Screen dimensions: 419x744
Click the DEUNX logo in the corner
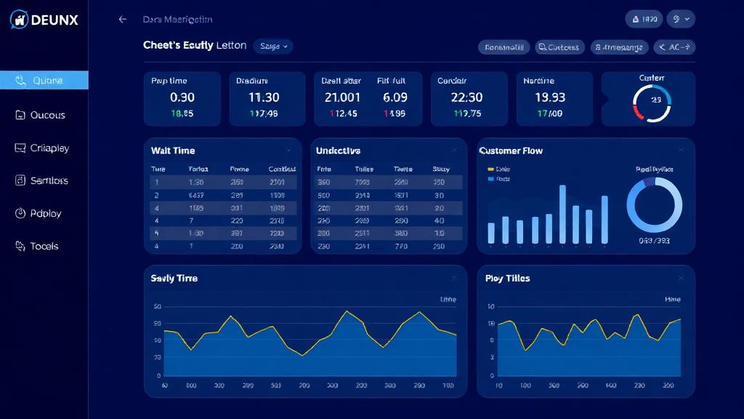[x=44, y=20]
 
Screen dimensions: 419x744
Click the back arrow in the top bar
[x=123, y=20]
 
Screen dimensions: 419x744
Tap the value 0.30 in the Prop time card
[x=182, y=97]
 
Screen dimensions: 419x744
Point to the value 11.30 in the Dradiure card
[x=264, y=97]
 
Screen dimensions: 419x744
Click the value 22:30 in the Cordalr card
[x=466, y=97]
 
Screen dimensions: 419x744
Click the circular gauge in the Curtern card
[x=652, y=103]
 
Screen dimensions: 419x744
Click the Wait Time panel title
[x=173, y=151]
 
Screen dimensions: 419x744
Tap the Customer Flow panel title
[x=511, y=151]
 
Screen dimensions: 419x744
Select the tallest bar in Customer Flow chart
[x=562, y=214]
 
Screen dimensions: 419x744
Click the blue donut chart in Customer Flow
[x=654, y=205]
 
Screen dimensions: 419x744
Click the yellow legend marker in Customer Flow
[x=490, y=169]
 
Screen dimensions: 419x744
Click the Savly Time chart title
[x=174, y=278]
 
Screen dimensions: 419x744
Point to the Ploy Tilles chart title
[x=507, y=278]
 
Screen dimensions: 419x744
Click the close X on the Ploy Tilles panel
[x=681, y=278]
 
